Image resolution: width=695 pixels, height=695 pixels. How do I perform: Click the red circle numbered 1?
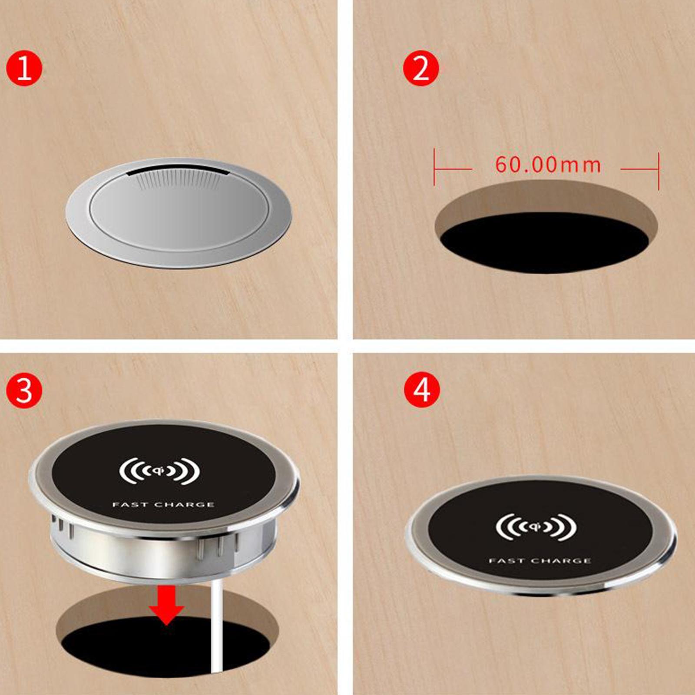coord(24,68)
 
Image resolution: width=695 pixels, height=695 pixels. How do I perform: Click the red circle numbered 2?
coord(421,68)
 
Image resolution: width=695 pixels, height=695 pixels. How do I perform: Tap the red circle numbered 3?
coord(24,390)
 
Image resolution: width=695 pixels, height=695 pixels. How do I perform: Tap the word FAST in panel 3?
coord(130,505)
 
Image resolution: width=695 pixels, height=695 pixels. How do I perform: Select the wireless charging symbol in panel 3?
coord(160,471)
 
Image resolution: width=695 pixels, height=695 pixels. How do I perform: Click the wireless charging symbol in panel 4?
coord(536,527)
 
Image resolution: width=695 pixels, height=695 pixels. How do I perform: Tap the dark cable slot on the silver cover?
coord(178,172)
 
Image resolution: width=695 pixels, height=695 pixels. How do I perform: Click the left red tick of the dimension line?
coord(434,167)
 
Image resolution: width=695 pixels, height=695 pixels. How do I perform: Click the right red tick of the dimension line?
coord(659,171)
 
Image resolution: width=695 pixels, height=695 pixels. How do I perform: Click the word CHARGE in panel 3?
coord(185,505)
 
